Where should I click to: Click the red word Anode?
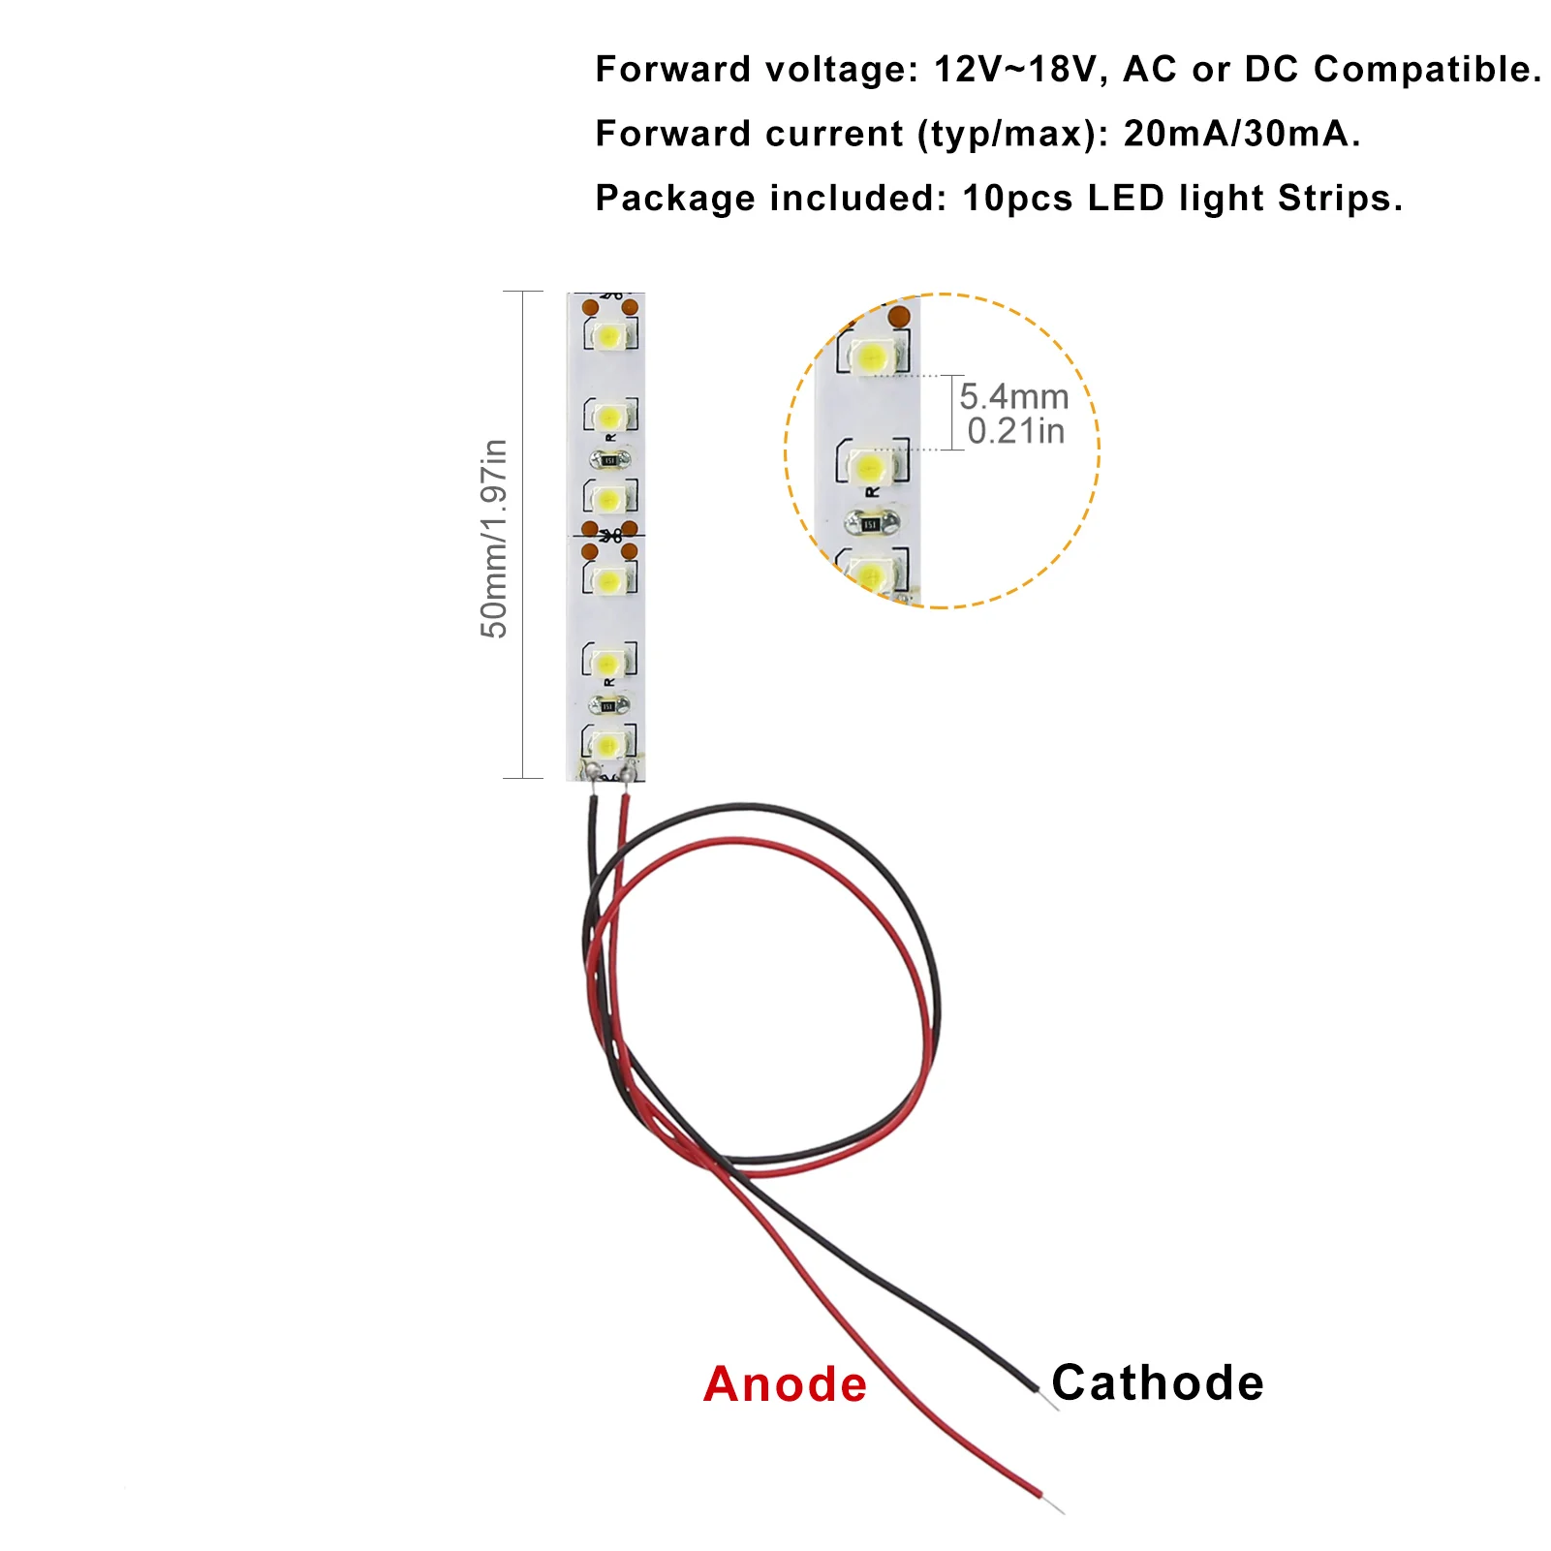[785, 1384]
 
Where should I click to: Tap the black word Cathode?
[1158, 1382]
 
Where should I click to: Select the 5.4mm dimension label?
[1014, 397]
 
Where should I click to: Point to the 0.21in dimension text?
[1016, 431]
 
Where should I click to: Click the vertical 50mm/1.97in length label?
[494, 538]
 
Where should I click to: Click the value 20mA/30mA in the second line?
[1241, 134]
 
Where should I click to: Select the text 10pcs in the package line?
[1017, 199]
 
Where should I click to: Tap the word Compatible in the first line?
[1427, 70]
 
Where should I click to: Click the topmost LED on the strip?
[609, 336]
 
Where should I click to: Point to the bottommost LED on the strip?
[608, 745]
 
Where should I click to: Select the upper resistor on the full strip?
[609, 459]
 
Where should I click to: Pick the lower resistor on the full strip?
[608, 705]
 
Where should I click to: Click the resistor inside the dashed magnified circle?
[870, 524]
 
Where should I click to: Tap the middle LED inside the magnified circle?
[871, 467]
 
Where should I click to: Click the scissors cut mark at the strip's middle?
[609, 535]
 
